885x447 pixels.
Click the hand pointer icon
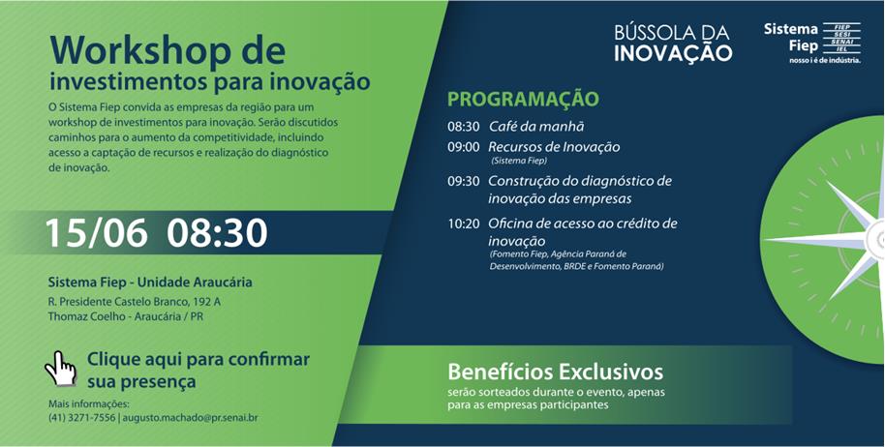[x=60, y=369]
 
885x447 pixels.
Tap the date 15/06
[x=96, y=233]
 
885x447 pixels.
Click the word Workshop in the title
[x=140, y=50]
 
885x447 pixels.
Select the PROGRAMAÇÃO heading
[x=523, y=100]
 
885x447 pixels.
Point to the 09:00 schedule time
[x=464, y=147]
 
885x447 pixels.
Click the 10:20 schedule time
[x=464, y=223]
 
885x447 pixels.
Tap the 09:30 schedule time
[x=464, y=182]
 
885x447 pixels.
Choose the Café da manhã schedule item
[x=536, y=127]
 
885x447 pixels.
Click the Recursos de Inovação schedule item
[x=554, y=147]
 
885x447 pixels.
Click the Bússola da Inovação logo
[x=673, y=43]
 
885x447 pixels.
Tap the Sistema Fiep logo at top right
[x=812, y=43]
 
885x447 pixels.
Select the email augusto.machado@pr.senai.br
[x=190, y=418]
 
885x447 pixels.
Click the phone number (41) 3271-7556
[x=82, y=418]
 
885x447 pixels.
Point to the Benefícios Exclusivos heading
[x=556, y=372]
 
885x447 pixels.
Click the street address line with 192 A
[x=135, y=302]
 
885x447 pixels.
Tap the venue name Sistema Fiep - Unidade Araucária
[x=150, y=282]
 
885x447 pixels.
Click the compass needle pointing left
[x=815, y=239]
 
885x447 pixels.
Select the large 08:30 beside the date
[x=217, y=233]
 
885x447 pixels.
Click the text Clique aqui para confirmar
[x=198, y=360]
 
